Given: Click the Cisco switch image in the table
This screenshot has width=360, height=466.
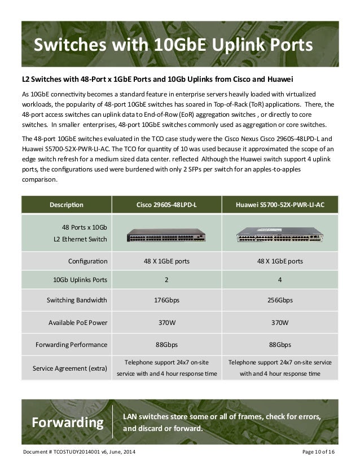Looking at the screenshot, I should click(x=168, y=235).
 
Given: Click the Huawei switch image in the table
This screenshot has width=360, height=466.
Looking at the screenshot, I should click(x=280, y=235).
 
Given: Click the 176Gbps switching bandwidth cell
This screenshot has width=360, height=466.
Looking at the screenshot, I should click(x=168, y=300).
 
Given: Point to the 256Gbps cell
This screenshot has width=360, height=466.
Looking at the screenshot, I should click(x=280, y=300).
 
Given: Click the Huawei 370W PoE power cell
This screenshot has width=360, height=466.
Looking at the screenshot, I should click(x=280, y=323).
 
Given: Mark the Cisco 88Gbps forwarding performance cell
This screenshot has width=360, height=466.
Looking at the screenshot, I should click(x=168, y=344).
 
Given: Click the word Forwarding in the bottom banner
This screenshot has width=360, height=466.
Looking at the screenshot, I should click(x=68, y=422).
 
